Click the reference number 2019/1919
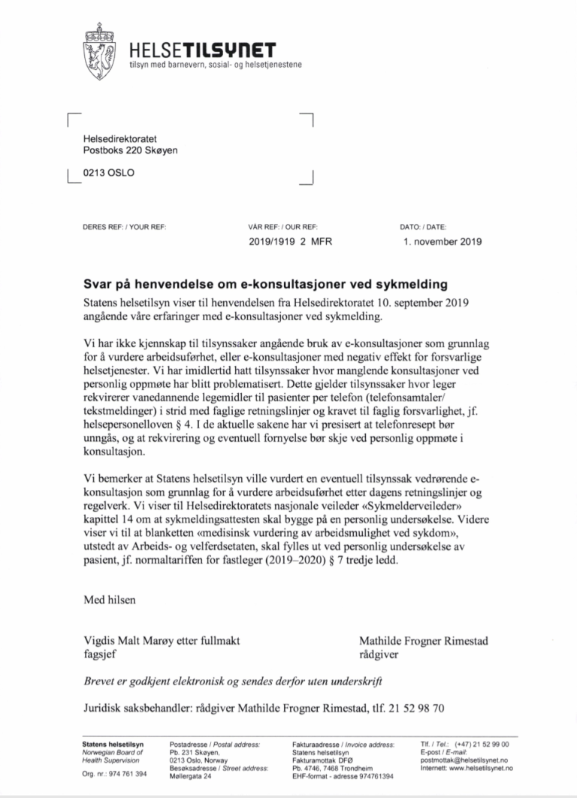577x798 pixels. point(272,242)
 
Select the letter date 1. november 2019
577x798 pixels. point(442,242)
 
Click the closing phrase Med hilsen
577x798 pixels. point(110,600)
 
